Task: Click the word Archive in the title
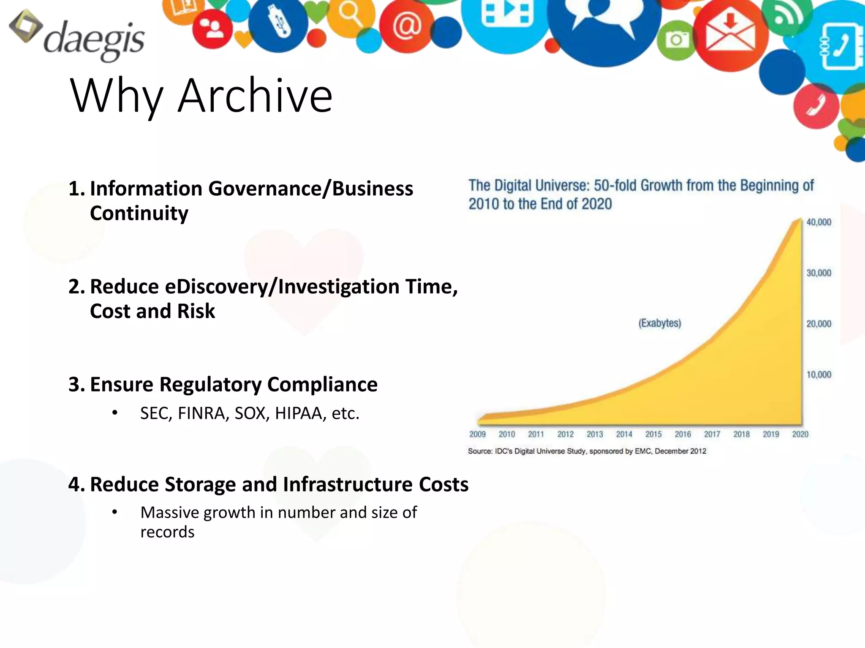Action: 255,96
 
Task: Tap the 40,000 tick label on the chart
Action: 819,222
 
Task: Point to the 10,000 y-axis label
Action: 819,375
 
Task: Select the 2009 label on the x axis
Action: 477,434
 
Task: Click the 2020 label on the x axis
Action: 800,434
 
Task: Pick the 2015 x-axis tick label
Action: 653,434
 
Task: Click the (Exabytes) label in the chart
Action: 659,323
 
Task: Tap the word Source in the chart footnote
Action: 480,451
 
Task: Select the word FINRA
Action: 203,413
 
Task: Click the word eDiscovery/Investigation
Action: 282,286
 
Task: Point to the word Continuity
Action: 139,213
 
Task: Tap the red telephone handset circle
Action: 816,105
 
